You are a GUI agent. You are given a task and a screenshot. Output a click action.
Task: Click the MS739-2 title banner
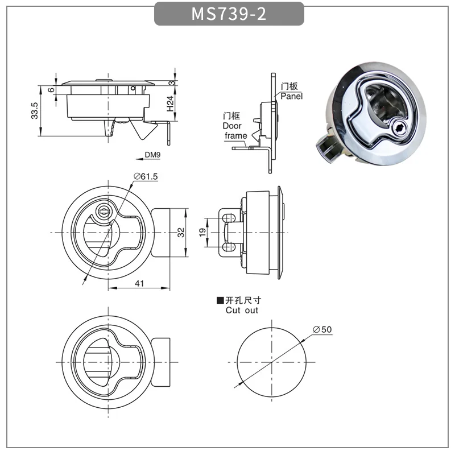coord(229,14)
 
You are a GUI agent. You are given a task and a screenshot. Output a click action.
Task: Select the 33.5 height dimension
coord(35,110)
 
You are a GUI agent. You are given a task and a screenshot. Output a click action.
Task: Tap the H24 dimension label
coord(170,104)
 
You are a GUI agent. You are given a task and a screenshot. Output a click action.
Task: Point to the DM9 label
coord(152,155)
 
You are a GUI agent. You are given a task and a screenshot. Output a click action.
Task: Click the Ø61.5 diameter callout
coord(146,176)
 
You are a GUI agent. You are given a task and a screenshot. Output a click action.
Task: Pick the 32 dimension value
coord(181,233)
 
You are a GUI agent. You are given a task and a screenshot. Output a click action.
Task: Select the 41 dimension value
coord(139,283)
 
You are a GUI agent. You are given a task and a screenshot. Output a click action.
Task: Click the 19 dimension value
coord(202,232)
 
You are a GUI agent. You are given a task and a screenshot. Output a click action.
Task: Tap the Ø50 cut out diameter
coord(322,329)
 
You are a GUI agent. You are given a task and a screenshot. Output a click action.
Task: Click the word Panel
coord(291,96)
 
